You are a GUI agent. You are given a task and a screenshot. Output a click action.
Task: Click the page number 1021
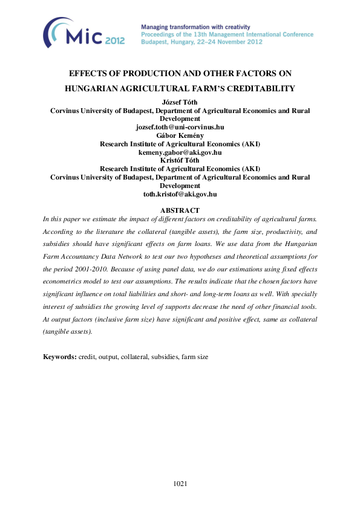point(180,484)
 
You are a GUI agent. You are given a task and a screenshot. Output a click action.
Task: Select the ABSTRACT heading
point(180,210)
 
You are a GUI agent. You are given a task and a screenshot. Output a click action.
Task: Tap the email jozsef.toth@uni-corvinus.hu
point(180,128)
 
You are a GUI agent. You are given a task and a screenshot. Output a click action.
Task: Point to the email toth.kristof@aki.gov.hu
point(180,194)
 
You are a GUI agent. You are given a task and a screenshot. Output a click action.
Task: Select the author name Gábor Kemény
point(180,136)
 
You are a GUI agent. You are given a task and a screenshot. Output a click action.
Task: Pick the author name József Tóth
point(180,103)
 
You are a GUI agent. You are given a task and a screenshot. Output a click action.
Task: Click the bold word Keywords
point(59,357)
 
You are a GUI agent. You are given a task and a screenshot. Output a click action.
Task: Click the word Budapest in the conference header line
point(155,42)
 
